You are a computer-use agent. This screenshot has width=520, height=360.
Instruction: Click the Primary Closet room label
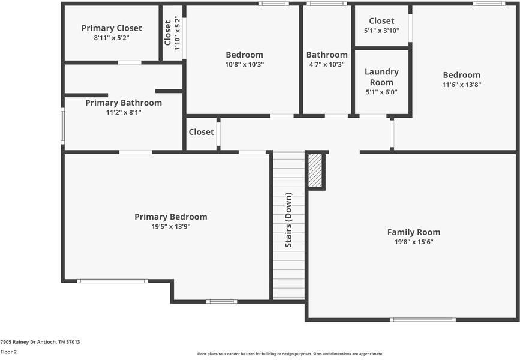pos(112,28)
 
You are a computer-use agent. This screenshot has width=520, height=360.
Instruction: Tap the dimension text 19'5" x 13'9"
pos(170,227)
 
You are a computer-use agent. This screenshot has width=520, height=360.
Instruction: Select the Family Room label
pos(413,232)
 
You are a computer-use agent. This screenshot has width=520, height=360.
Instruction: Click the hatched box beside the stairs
pos(315,170)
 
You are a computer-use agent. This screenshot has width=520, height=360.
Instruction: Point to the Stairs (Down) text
pos(288,220)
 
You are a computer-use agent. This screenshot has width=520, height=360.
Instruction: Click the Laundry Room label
pos(381,77)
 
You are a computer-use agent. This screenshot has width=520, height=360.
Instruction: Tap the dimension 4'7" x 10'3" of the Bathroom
pos(326,64)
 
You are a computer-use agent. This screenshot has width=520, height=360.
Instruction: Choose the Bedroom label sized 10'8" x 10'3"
pos(244,55)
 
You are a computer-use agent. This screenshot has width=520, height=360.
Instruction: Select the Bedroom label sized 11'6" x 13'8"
pos(461,75)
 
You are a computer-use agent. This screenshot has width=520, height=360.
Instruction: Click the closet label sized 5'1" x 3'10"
pos(381,21)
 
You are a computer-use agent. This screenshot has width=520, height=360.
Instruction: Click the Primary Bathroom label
pos(123,103)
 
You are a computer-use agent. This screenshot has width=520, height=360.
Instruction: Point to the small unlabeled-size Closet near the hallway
pos(201,132)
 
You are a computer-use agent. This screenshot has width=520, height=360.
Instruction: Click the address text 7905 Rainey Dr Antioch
pos(40,342)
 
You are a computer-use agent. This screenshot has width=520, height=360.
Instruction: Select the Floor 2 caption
pos(8,352)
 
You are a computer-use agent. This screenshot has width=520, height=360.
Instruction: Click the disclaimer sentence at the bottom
pos(290,354)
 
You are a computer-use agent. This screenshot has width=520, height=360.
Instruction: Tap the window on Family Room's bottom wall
pos(422,320)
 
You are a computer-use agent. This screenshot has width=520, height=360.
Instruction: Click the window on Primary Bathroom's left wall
pos(62,125)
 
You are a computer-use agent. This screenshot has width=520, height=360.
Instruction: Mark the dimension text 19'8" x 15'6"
pos(413,242)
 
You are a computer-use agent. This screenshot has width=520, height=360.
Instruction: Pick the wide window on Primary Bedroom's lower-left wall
pos(112,281)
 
